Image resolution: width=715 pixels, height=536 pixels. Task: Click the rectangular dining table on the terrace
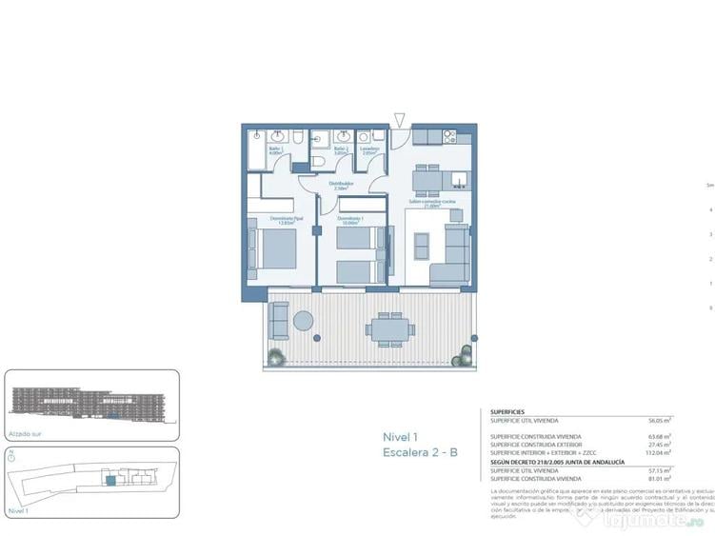pos(389,329)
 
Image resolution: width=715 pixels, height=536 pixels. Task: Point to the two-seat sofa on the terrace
pos(279,322)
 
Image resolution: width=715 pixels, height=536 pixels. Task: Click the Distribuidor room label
pos(340,187)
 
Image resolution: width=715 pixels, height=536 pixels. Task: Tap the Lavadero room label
pos(370,149)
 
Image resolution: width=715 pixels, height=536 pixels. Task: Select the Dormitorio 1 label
pos(350,220)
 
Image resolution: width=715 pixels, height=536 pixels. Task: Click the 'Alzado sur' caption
pos(26,433)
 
